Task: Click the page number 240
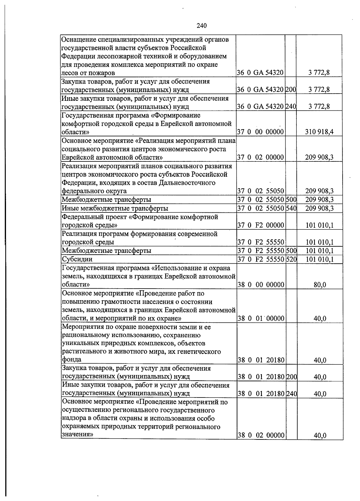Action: pyautogui.click(x=202, y=26)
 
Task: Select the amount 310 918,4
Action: pyautogui.click(x=319, y=132)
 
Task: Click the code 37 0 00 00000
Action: pyautogui.click(x=260, y=132)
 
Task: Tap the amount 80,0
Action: pyautogui.click(x=320, y=285)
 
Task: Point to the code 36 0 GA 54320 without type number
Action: pyautogui.click(x=260, y=73)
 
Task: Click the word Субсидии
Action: pyautogui.click(x=77, y=259)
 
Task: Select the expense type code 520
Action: pyautogui.click(x=291, y=259)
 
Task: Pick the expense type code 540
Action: pyautogui.click(x=291, y=208)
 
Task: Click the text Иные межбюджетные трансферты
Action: pyautogui.click(x=115, y=208)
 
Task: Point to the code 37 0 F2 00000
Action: pyautogui.click(x=260, y=225)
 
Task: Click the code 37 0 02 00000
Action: pyautogui.click(x=260, y=157)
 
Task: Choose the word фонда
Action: pyautogui.click(x=71, y=359)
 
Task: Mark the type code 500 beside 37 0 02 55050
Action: pyautogui.click(x=291, y=199)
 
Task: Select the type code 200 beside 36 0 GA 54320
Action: pyautogui.click(x=290, y=89)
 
